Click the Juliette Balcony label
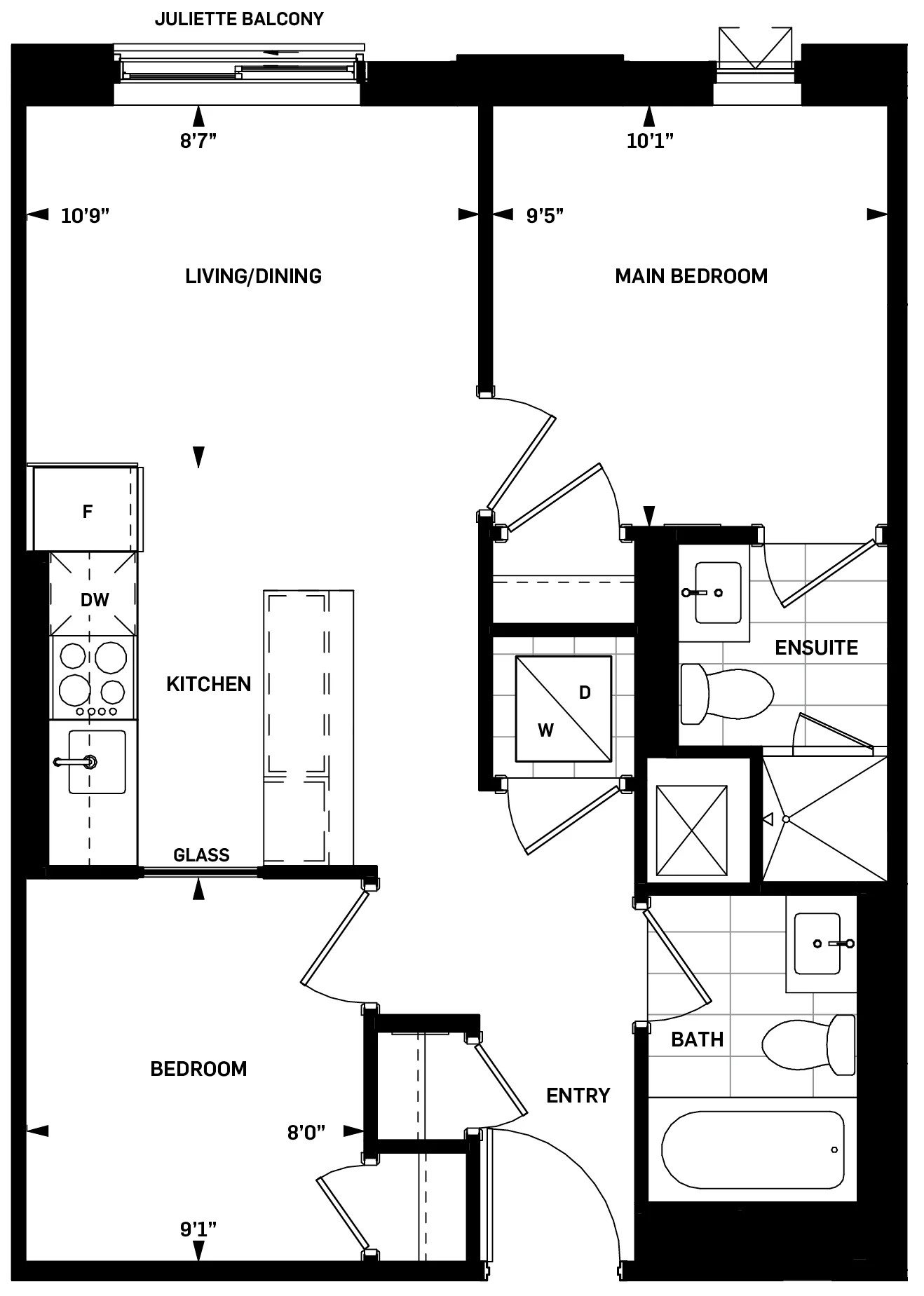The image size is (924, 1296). (x=239, y=19)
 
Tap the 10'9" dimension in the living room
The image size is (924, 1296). (x=85, y=215)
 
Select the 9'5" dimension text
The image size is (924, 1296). (x=545, y=215)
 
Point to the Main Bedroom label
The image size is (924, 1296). (x=691, y=276)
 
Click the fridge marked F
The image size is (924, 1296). (x=86, y=510)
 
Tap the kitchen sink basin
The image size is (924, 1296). (x=98, y=762)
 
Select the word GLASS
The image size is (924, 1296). (x=201, y=855)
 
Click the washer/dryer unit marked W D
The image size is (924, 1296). (x=563, y=709)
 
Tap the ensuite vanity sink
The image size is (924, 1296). (x=718, y=592)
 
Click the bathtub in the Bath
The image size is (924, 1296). (x=752, y=1150)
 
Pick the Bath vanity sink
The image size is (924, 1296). (x=817, y=943)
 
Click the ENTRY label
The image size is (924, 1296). (x=578, y=1096)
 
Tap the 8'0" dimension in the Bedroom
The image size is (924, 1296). (x=306, y=1132)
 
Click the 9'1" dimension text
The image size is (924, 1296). (x=198, y=1229)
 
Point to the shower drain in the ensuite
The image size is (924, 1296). (x=786, y=819)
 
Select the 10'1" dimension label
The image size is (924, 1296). (x=649, y=141)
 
